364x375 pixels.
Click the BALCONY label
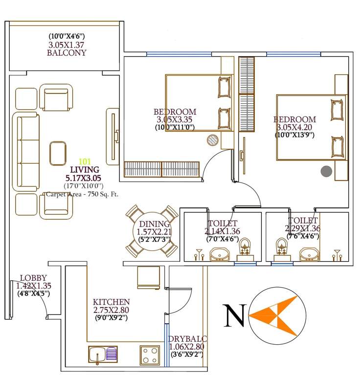(x=67, y=53)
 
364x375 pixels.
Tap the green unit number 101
(x=85, y=161)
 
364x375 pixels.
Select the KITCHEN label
(x=111, y=302)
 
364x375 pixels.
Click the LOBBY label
(x=30, y=278)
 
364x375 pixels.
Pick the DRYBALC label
(x=187, y=339)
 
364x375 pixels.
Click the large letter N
(x=234, y=315)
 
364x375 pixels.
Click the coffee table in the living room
(x=58, y=153)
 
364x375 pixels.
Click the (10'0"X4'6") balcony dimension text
(x=67, y=36)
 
